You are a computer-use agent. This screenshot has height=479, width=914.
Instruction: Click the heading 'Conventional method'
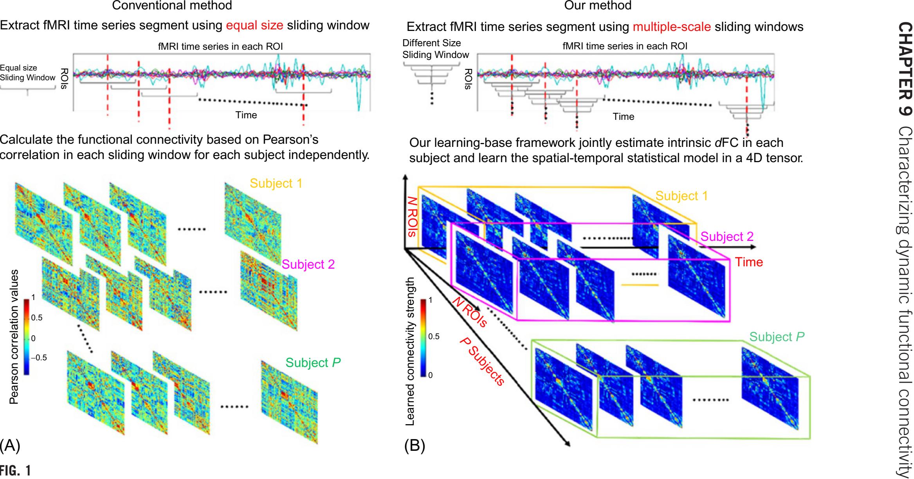pyautogui.click(x=172, y=5)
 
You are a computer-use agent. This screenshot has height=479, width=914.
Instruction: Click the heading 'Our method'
pyautogui.click(x=598, y=5)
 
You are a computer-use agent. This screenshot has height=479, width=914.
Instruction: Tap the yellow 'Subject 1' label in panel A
pyautogui.click(x=276, y=183)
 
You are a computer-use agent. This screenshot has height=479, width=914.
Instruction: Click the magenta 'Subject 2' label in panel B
pyautogui.click(x=727, y=237)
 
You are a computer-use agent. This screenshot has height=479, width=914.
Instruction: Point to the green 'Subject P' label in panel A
pyautogui.click(x=313, y=363)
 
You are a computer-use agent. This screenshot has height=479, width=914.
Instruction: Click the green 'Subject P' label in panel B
pyautogui.click(x=777, y=337)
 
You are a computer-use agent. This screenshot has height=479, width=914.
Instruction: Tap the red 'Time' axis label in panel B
pyautogui.click(x=749, y=262)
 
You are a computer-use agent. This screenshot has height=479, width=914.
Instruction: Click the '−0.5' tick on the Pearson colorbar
pyautogui.click(x=38, y=358)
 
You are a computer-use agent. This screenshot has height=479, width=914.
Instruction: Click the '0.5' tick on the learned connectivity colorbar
pyautogui.click(x=434, y=336)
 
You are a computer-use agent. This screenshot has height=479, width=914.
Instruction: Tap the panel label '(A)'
pyautogui.click(x=10, y=446)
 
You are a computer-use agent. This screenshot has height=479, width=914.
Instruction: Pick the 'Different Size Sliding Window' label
pyautogui.click(x=435, y=49)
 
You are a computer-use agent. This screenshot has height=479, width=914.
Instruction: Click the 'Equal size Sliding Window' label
pyautogui.click(x=27, y=73)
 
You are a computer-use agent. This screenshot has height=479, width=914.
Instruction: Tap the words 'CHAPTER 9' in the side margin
pyautogui.click(x=903, y=69)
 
